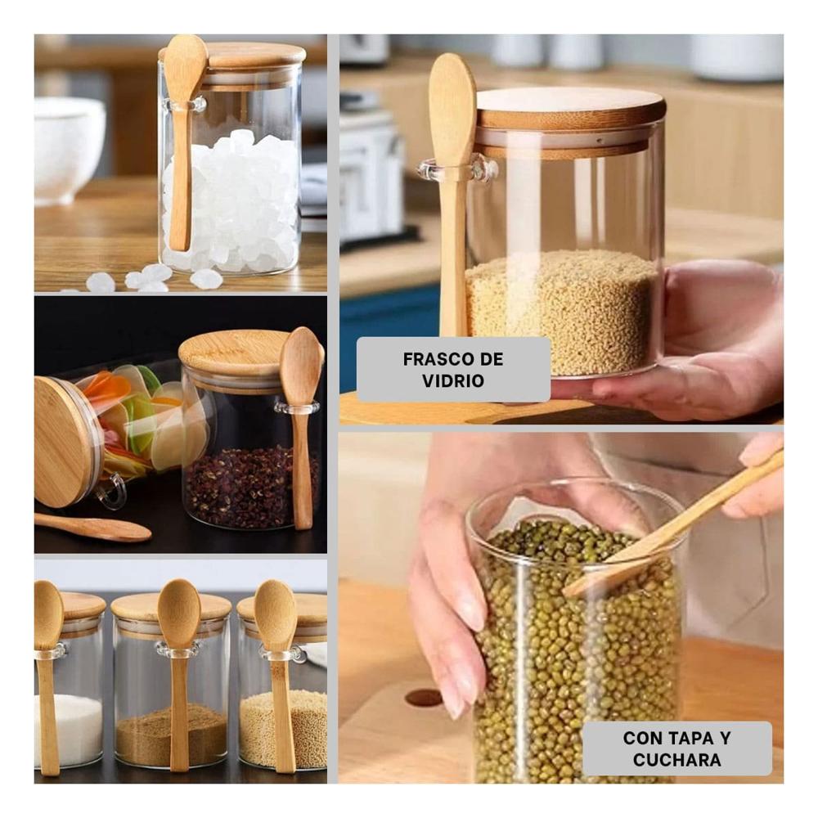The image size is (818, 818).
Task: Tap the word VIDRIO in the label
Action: click(x=453, y=381)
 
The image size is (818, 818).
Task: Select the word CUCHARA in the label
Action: click(x=676, y=760)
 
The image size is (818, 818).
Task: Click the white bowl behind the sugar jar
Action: click(x=68, y=149)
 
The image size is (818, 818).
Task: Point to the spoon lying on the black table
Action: click(x=93, y=527)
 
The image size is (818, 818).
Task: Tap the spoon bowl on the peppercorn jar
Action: click(x=302, y=359)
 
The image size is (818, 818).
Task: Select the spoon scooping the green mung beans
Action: click(x=673, y=527)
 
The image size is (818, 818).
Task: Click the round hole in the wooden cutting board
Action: click(x=424, y=698)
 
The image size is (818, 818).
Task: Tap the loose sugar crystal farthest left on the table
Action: click(x=100, y=282)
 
